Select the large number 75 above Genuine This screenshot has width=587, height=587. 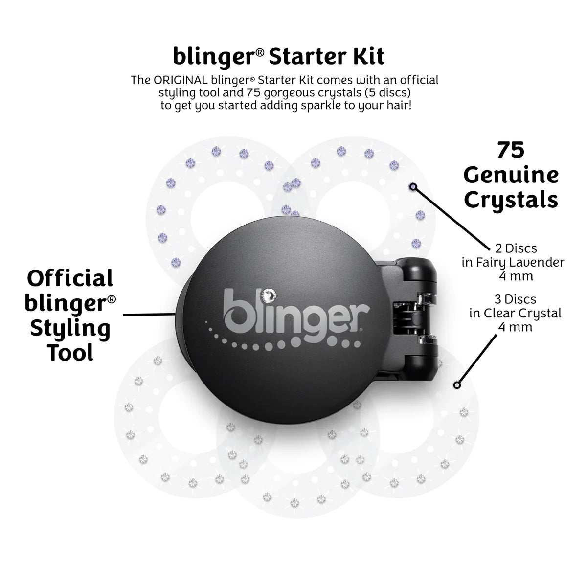pyautogui.click(x=511, y=151)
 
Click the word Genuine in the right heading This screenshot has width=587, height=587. pyautogui.click(x=511, y=175)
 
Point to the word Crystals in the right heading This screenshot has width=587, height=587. pyautogui.click(x=511, y=200)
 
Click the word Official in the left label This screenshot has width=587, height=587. pyautogui.click(x=70, y=278)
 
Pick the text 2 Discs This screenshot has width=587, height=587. pyautogui.click(x=513, y=248)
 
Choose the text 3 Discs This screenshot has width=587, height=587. pyautogui.click(x=513, y=299)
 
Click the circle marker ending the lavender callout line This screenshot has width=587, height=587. pyautogui.click(x=413, y=186)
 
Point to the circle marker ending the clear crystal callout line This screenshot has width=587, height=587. pyautogui.click(x=457, y=385)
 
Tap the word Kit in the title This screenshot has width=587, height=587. pyautogui.click(x=367, y=56)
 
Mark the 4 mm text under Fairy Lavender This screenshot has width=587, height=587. pyautogui.click(x=513, y=276)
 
